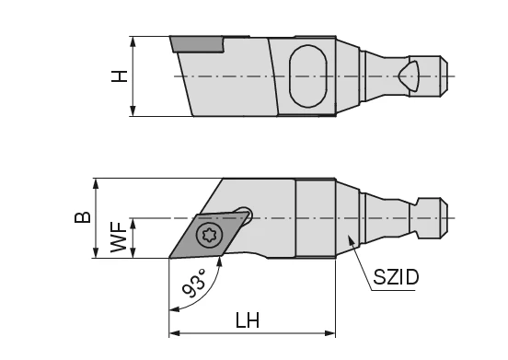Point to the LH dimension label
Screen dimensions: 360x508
pos(247,321)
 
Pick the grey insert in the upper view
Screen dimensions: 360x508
pos(195,44)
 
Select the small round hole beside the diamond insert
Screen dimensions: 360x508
pos(246,210)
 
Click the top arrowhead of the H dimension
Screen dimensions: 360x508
pos(133,41)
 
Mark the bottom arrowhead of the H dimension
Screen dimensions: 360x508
pos(133,112)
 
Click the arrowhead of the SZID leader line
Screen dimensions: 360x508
pos(349,238)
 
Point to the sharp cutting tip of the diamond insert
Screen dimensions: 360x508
pos(169,258)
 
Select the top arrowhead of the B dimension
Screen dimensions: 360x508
pos(97,181)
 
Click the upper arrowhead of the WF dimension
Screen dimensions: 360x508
pos(133,222)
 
